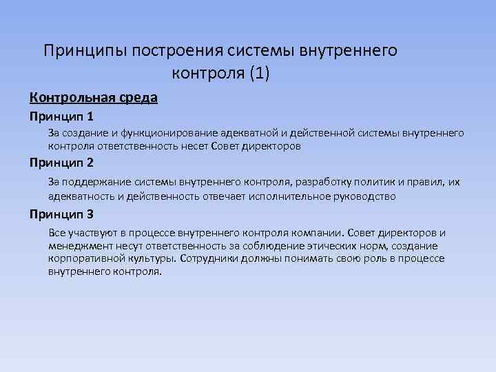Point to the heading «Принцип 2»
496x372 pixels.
tap(62, 163)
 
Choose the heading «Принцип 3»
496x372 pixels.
tap(62, 214)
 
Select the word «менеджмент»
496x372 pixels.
tap(77, 246)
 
